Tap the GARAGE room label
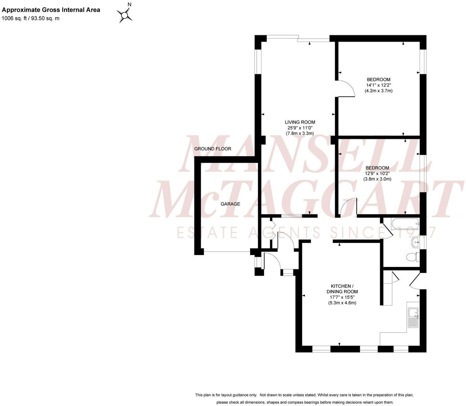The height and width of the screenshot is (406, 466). point(230,204)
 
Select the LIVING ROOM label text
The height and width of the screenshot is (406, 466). point(300,122)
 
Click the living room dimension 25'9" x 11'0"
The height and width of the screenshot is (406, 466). point(300,128)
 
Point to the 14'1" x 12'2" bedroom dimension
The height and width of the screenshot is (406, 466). point(378,85)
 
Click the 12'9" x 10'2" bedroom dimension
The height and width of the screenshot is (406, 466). point(377,174)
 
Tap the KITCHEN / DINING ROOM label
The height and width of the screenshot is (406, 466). point(342,289)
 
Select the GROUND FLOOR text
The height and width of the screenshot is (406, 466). point(213,149)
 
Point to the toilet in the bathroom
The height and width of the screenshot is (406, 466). point(412,257)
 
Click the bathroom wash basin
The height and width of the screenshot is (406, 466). point(416,242)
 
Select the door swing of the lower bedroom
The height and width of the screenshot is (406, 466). point(349,206)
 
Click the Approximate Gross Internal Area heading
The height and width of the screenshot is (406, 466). point(51,10)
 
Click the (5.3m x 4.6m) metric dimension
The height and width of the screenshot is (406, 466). point(342,303)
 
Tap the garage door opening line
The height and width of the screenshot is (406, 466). point(227,252)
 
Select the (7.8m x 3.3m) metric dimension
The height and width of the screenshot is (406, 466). point(300,133)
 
